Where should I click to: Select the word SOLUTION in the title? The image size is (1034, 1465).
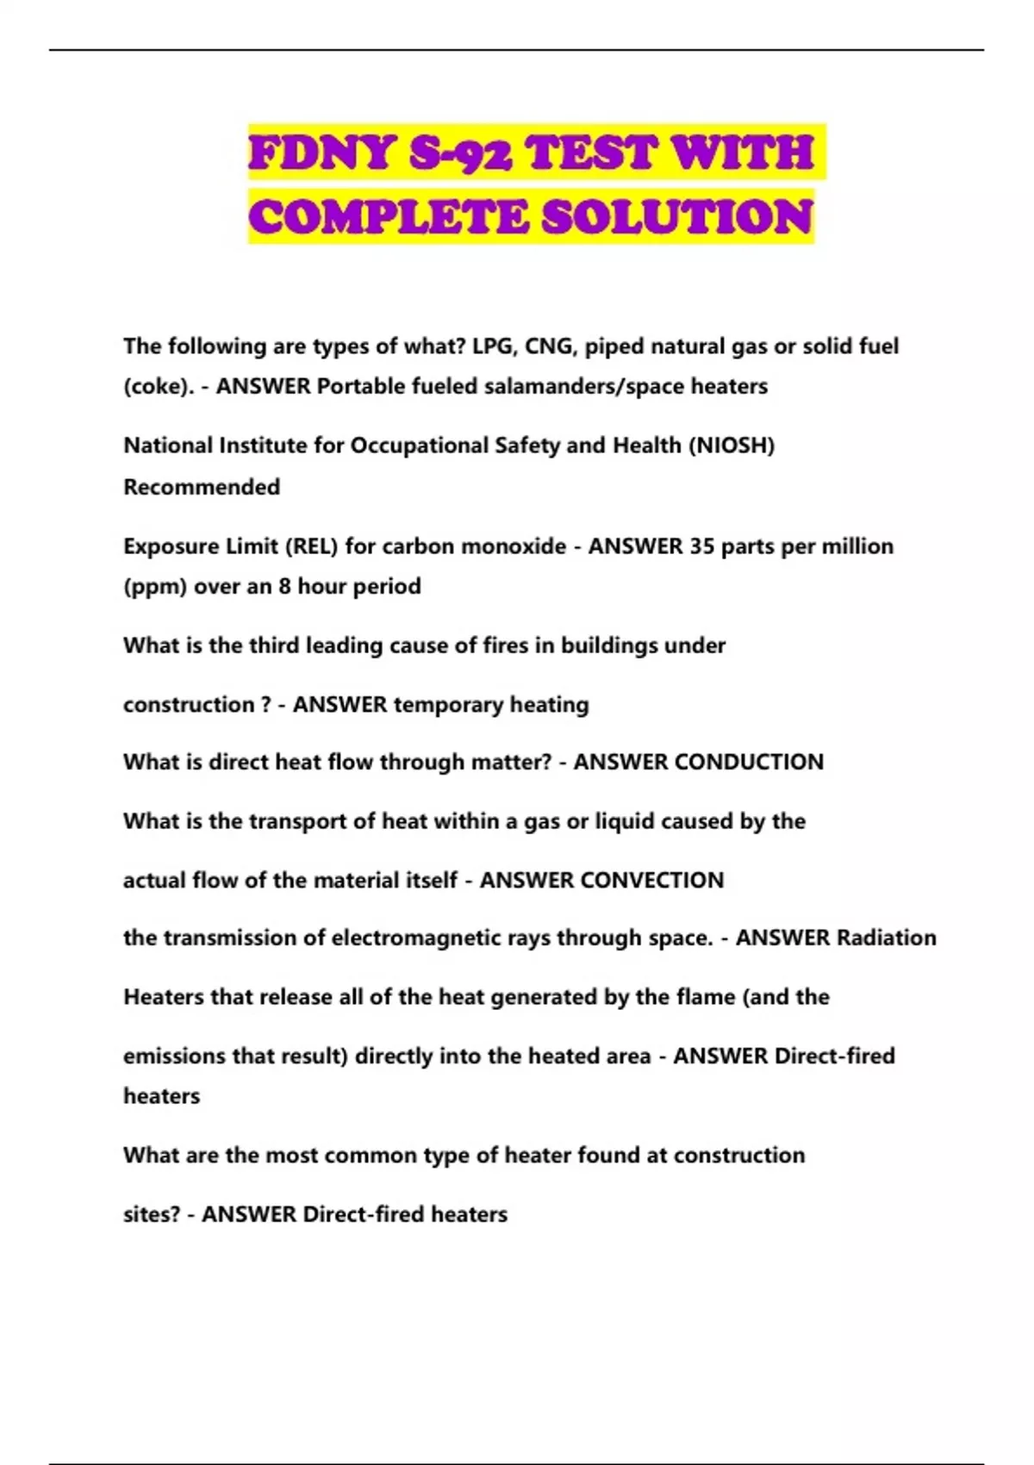pyautogui.click(x=677, y=216)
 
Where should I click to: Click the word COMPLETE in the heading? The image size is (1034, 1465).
pyautogui.click(x=388, y=216)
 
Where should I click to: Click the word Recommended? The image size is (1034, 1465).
pyautogui.click(x=202, y=487)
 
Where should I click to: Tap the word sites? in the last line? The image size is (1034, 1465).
pyautogui.click(x=152, y=1214)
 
